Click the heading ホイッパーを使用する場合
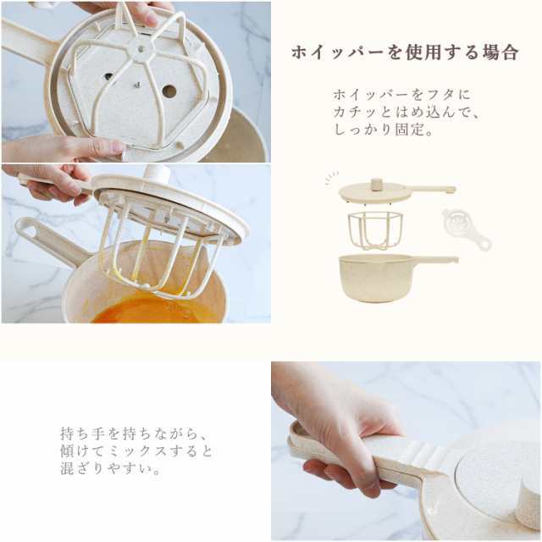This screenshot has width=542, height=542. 405,53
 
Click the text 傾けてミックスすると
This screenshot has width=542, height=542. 136,451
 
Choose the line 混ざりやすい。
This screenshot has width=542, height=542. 110,468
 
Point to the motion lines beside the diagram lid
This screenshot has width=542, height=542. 332,178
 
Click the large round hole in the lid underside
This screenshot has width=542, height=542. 169,91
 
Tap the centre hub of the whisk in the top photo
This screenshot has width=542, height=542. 141,49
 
